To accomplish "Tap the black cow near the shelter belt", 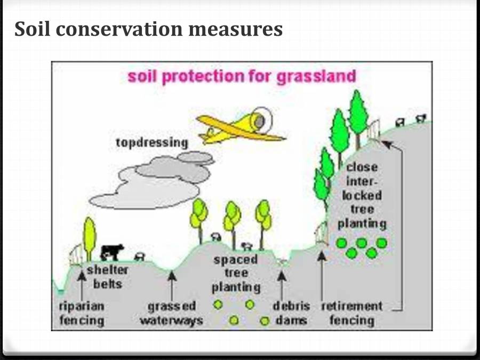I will [x=112, y=251].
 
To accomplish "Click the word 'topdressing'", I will [x=152, y=143].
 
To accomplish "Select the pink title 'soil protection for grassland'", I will [x=241, y=76].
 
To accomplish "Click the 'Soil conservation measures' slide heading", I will [x=148, y=29].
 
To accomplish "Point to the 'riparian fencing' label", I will [x=81, y=314].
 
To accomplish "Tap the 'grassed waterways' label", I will [x=171, y=314].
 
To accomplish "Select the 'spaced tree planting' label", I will [x=236, y=274].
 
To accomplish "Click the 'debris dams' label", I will [x=291, y=314].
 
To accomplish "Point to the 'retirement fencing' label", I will [x=351, y=314].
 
